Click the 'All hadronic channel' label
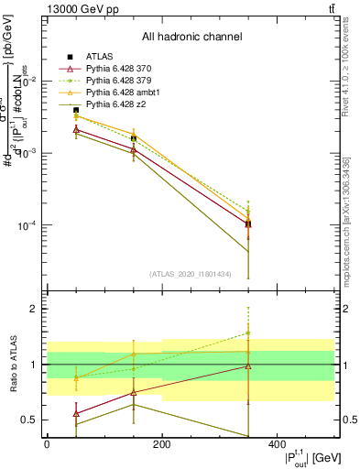(191, 38)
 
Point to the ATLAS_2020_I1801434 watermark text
(190, 274)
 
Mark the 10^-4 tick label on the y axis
(27, 226)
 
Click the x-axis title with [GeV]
(301, 458)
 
